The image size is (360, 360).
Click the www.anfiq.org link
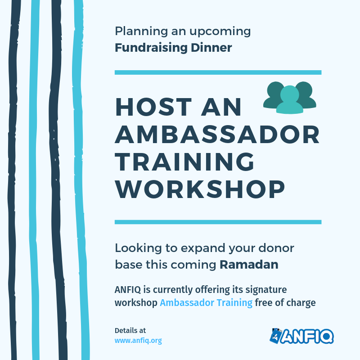(138, 341)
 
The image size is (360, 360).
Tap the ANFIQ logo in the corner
(301, 336)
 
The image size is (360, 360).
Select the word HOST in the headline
(153, 107)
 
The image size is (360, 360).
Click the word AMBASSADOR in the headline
(217, 135)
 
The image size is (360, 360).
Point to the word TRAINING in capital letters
(184, 162)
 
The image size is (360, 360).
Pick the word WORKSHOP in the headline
(200, 189)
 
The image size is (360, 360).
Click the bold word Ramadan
(249, 265)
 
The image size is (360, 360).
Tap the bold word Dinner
(211, 48)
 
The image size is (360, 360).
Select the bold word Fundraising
(151, 48)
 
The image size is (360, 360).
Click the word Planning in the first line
(141, 31)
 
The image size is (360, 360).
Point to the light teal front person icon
(290, 99)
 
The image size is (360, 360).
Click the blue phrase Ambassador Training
(206, 303)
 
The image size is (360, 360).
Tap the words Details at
(130, 331)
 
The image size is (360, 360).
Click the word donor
(276, 248)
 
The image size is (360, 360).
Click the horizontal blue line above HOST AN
(218, 72)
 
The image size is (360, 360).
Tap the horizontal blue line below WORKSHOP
(218, 222)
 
